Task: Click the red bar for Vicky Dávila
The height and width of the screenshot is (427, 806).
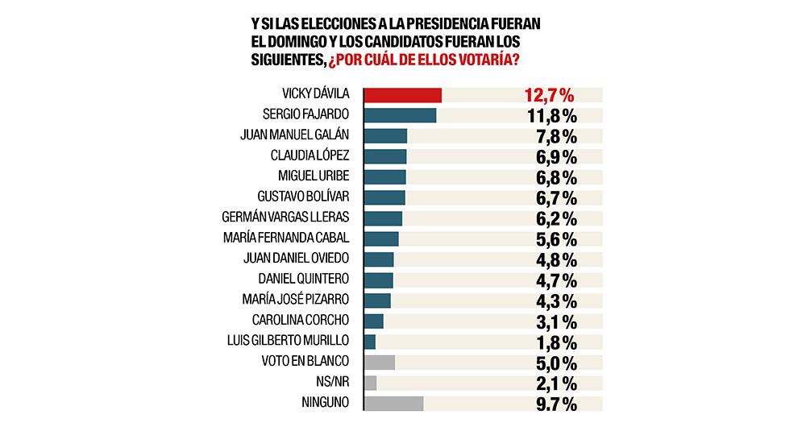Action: click(403, 95)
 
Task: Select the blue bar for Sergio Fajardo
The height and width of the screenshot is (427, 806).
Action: click(400, 115)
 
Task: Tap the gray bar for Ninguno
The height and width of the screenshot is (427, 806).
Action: click(394, 403)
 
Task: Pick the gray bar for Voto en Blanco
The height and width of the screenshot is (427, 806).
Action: click(380, 362)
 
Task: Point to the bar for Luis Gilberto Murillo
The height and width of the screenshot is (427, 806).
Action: click(370, 342)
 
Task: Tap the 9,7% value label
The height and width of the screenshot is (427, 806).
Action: click(551, 404)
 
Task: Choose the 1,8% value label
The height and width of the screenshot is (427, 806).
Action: click(551, 342)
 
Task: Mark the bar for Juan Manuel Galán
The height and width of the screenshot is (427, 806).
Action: click(385, 136)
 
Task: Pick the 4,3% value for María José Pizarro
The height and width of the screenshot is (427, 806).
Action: click(551, 301)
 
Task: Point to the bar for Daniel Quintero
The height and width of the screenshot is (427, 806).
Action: click(379, 280)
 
